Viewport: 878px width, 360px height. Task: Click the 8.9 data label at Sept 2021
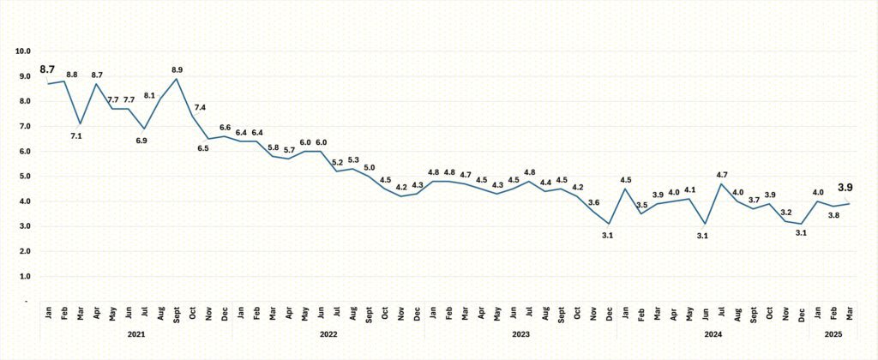tap(177, 69)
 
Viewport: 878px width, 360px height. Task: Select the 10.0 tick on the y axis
tap(23, 51)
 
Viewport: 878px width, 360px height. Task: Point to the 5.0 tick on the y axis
tap(25, 177)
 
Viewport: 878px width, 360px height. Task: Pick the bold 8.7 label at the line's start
tap(49, 69)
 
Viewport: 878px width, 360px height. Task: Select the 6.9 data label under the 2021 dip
tap(143, 140)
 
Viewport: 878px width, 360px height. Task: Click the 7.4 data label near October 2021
tap(200, 107)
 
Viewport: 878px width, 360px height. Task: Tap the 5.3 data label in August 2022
tap(353, 159)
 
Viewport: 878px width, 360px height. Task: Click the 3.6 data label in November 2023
tap(593, 202)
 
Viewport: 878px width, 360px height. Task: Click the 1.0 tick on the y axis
tap(25, 277)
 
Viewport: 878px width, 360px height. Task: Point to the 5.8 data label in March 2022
tap(273, 147)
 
